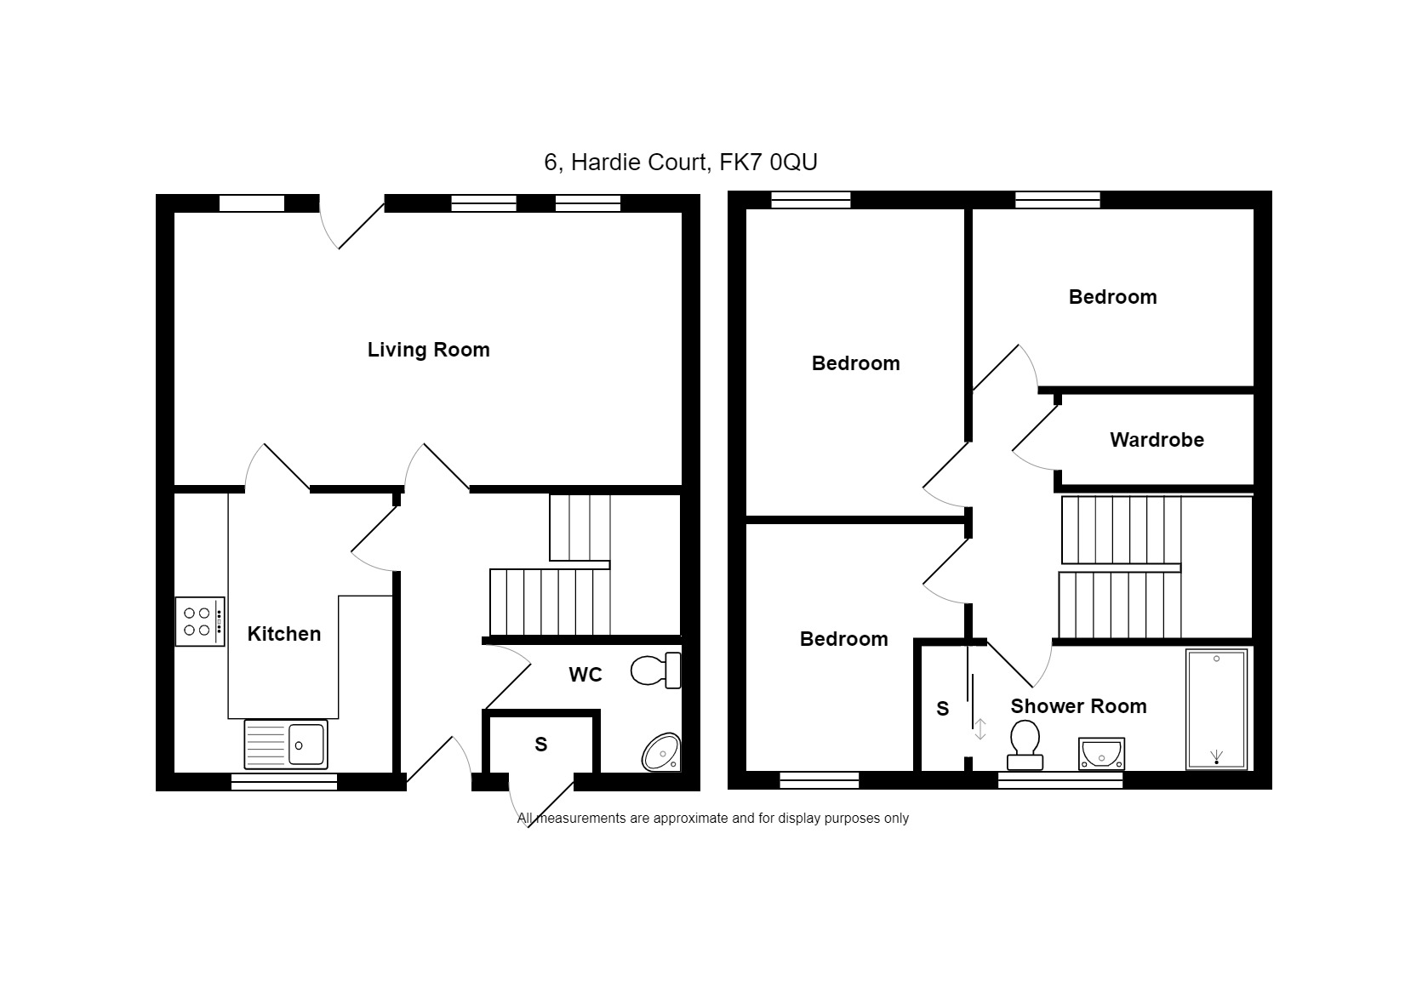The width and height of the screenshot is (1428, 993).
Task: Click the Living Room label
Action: (428, 350)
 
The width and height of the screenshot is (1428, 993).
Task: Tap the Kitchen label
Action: (283, 634)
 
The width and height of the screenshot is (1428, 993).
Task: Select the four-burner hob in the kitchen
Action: (200, 621)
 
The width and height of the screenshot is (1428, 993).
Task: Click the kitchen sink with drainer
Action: (286, 744)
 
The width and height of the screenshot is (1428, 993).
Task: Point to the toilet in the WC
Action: (656, 670)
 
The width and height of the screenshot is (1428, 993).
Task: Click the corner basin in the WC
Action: (661, 752)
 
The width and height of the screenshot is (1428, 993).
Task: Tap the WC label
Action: (585, 675)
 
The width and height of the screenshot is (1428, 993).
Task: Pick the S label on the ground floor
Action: (540, 745)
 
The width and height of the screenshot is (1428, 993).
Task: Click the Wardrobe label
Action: (1157, 440)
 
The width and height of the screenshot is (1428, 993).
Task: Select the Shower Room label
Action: (1078, 706)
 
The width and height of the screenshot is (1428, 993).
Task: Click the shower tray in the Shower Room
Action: (1216, 710)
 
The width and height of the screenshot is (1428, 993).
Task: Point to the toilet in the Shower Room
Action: (1025, 745)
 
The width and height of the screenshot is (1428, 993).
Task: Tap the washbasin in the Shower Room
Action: (1101, 754)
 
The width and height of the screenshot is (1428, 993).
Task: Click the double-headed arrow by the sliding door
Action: (980, 729)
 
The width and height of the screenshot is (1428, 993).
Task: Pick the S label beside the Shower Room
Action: (942, 709)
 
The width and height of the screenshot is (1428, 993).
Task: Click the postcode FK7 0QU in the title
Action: (768, 163)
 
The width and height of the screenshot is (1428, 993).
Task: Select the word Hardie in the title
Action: (606, 163)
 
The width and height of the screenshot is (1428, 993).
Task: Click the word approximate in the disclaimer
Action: (692, 819)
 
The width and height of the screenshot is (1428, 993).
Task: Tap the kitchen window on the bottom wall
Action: (283, 781)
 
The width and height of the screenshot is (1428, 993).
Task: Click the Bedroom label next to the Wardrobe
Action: (1112, 297)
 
